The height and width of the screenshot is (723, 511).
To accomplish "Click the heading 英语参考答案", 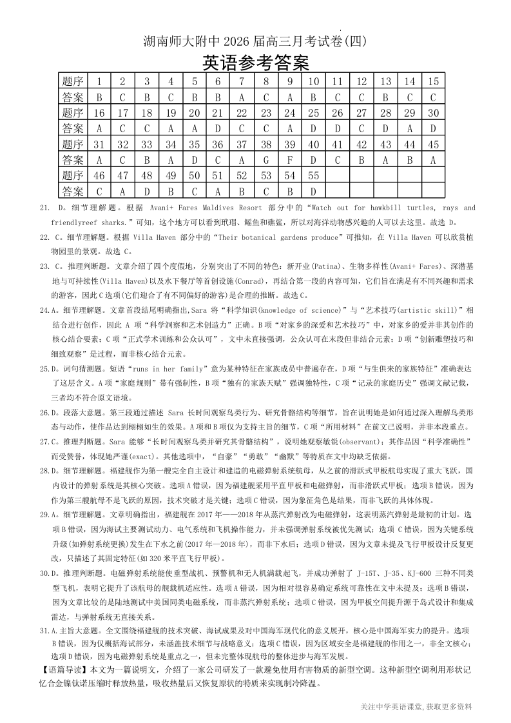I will point(256,63).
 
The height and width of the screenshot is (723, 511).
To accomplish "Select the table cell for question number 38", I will point(265,144).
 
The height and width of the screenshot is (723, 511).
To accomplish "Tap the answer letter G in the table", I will point(265,159).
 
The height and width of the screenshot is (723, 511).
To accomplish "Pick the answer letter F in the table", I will point(290,159).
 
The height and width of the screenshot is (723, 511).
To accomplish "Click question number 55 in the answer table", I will point(313,175).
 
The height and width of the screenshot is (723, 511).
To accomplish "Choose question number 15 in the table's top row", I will point(433,81).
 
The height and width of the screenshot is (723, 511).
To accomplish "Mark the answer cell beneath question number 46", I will point(99,191).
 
